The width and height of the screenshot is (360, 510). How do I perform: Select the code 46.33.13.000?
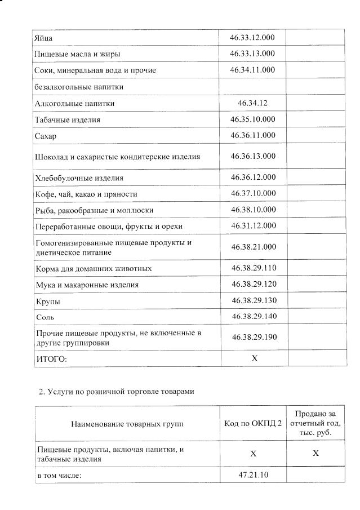pyautogui.click(x=252, y=54)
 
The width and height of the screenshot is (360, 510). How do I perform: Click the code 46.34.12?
pyautogui.click(x=252, y=103)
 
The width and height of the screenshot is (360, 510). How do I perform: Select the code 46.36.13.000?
pyautogui.click(x=253, y=156)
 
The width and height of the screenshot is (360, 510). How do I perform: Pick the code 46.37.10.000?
pyautogui.click(x=253, y=193)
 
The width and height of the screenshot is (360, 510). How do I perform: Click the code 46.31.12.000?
pyautogui.click(x=253, y=225)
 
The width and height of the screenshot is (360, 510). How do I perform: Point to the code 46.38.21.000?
pyautogui.click(x=253, y=247)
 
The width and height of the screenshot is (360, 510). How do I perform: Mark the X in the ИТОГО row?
pyautogui.click(x=254, y=358)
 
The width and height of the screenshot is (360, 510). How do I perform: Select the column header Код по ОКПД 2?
pyautogui.click(x=253, y=423)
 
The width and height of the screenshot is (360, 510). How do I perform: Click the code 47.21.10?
pyautogui.click(x=253, y=475)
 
